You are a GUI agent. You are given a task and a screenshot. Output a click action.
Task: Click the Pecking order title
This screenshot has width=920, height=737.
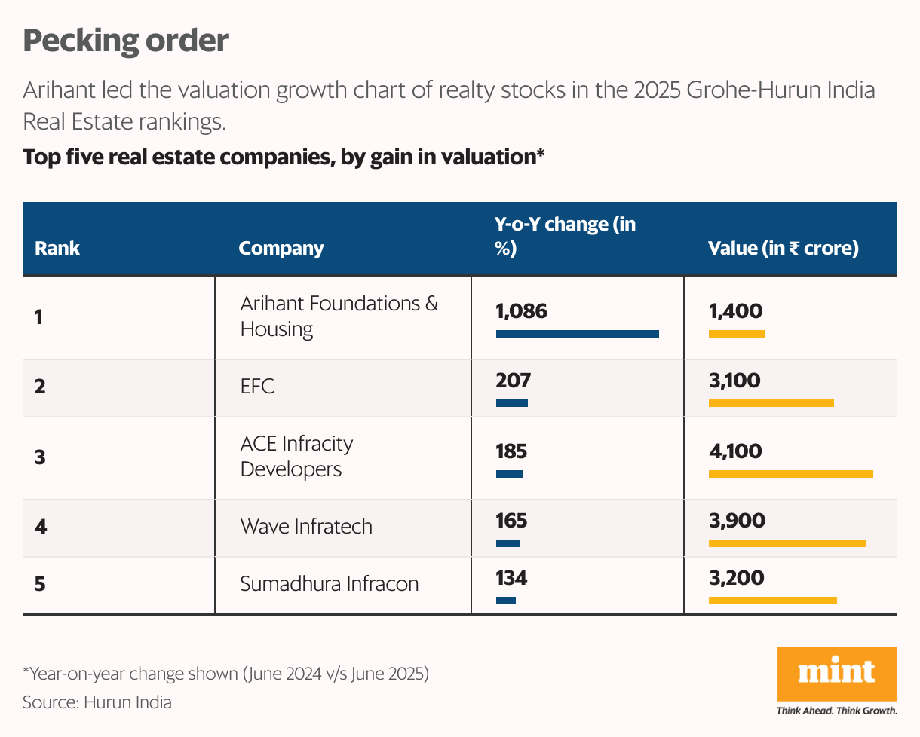coord(125,41)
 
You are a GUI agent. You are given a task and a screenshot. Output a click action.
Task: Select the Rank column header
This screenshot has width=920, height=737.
coord(57,248)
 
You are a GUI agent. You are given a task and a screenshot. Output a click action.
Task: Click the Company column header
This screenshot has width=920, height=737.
coord(281,248)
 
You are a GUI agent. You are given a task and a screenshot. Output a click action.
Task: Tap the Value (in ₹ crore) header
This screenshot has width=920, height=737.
coord(784,248)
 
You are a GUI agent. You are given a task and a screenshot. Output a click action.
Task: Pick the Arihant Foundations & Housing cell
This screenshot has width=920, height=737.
coord(339,316)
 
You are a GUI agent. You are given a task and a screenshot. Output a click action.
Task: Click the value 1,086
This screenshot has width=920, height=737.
coord(521,310)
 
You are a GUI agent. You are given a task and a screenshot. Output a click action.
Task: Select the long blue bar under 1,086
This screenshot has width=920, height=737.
coord(577,333)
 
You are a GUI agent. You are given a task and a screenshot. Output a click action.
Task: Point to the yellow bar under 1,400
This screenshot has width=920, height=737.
coord(736,333)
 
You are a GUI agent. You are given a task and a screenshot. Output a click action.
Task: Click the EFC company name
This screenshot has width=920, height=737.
coord(257,387)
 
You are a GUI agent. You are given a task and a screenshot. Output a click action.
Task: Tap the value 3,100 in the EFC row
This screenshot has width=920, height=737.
coord(734,380)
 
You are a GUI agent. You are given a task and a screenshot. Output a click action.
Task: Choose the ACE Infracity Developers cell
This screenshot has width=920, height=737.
coord(296,456)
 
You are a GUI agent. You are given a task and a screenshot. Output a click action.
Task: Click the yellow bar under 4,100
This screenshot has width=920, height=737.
coord(790,474)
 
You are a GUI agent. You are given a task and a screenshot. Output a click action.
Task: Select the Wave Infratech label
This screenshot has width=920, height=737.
coord(306,525)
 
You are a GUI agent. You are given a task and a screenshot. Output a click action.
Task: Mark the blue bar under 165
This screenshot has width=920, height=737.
coord(508,543)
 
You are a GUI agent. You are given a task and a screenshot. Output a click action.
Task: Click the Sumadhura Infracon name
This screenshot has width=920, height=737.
coord(329,583)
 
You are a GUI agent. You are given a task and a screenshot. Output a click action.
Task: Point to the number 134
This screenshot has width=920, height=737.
coord(511,578)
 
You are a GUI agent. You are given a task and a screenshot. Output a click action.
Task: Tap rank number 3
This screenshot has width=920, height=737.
coord(40,457)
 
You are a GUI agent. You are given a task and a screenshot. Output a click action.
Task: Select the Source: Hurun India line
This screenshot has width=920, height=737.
coord(97,702)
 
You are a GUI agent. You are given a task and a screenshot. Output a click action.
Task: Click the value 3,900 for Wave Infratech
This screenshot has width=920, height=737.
coord(737,520)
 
